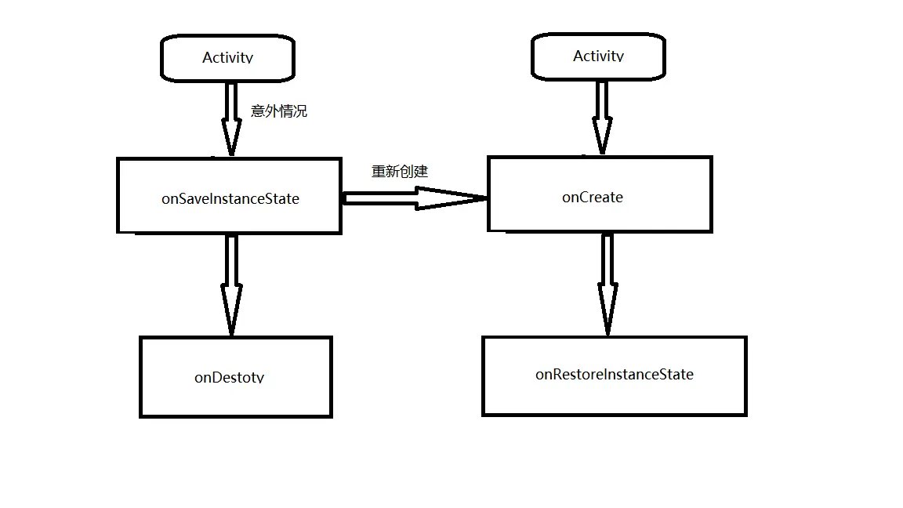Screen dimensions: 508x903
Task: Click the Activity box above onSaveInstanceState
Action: (x=227, y=57)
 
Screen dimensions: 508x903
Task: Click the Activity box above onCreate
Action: (x=598, y=56)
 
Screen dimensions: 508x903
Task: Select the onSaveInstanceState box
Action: (x=229, y=196)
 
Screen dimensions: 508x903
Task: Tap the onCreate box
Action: (x=599, y=194)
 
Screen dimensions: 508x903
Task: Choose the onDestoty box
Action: (x=235, y=377)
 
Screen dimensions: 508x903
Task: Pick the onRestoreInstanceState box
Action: (x=614, y=376)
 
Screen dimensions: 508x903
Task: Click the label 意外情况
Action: (x=279, y=111)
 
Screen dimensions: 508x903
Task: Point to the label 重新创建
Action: (x=400, y=172)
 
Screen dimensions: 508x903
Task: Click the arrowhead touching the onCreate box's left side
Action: (x=462, y=198)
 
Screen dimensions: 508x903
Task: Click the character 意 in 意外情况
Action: (x=258, y=111)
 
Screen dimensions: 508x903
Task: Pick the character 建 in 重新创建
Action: (x=421, y=172)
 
